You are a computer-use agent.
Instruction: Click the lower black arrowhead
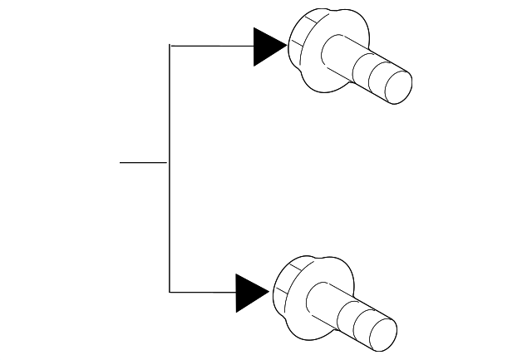pyautogui.click(x=251, y=293)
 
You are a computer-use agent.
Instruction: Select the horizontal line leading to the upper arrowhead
pyautogui.click(x=211, y=46)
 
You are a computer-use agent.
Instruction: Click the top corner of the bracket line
pyautogui.click(x=170, y=46)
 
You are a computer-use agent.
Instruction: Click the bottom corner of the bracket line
pyautogui.click(x=170, y=293)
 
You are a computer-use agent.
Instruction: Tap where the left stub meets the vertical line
pyautogui.click(x=170, y=162)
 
